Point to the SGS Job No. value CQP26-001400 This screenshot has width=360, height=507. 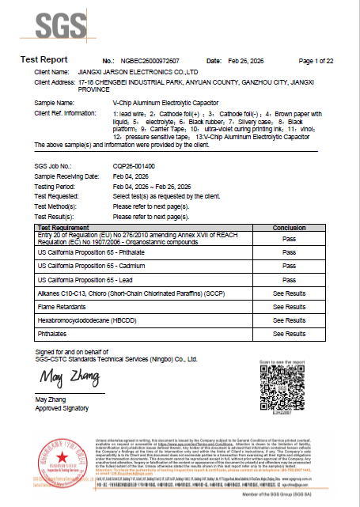[x=134, y=165]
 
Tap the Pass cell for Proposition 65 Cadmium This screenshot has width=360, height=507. [x=289, y=266]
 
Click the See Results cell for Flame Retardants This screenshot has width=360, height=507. [x=289, y=307]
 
